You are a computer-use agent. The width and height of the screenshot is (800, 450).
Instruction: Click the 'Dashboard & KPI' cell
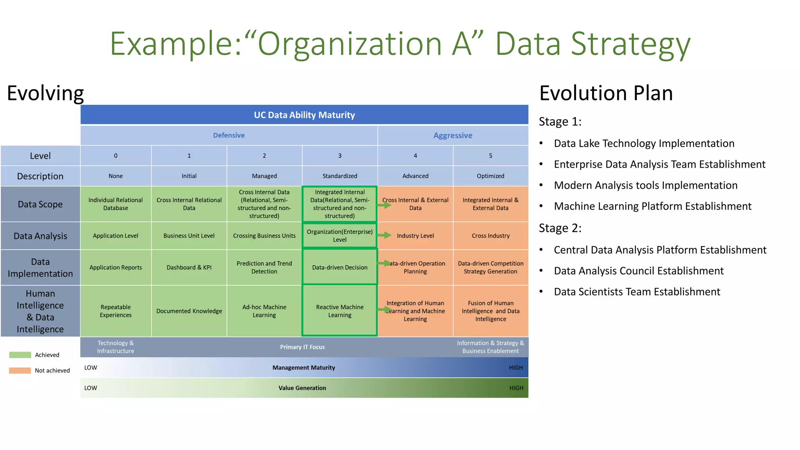coord(189,268)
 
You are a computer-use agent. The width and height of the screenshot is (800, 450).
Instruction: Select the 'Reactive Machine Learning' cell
coord(339,311)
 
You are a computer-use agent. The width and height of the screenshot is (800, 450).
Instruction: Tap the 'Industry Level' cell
coord(415,236)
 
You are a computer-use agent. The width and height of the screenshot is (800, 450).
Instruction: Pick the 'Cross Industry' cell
coord(491,236)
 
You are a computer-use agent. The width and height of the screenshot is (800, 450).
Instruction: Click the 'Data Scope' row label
coord(40,204)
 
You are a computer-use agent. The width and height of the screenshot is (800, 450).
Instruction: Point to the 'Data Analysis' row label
coord(40,236)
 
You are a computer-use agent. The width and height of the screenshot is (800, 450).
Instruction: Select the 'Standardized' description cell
coord(339,176)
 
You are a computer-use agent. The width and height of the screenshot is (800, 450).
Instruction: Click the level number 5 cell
coord(491,156)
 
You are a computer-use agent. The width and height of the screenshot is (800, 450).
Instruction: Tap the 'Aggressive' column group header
coord(453,136)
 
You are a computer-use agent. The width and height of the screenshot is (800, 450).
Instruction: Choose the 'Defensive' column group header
coord(229,136)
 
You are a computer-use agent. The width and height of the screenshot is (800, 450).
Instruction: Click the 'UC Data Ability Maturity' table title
coord(304,115)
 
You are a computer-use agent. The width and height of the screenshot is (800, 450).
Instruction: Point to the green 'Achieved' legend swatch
coord(20,355)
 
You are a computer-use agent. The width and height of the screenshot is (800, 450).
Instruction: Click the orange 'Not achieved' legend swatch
coord(20,370)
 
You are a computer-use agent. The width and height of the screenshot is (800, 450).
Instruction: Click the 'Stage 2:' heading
coord(560,228)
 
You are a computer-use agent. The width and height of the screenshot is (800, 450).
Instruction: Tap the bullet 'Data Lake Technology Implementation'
coord(644,143)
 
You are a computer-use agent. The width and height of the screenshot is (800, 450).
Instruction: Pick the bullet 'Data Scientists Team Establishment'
coord(637,292)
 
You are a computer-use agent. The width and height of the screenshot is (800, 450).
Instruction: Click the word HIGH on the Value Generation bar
coord(516,388)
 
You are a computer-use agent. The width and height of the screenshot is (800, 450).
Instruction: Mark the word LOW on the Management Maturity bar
coord(91,368)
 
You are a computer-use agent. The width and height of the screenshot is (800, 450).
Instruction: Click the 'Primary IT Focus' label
coord(302,347)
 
